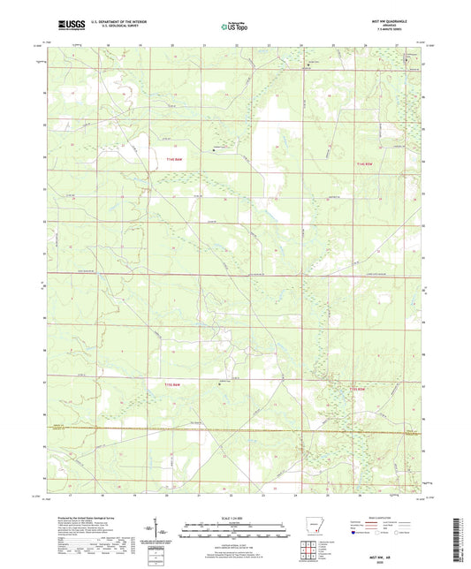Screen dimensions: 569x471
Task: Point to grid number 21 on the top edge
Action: click(203, 42)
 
